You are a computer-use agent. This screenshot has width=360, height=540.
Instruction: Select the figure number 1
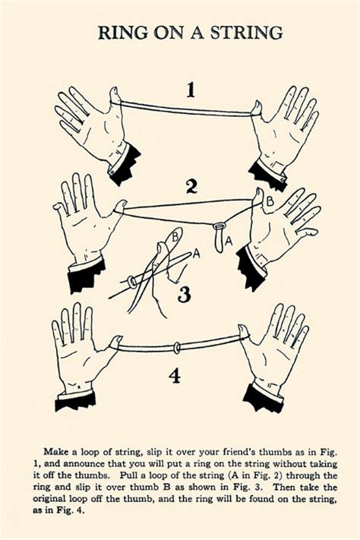coord(191,91)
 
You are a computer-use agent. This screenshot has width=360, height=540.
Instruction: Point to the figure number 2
coord(191,187)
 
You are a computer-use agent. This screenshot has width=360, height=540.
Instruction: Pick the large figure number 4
coord(175,375)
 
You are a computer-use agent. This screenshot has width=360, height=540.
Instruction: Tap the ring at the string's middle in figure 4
coord(176,348)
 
